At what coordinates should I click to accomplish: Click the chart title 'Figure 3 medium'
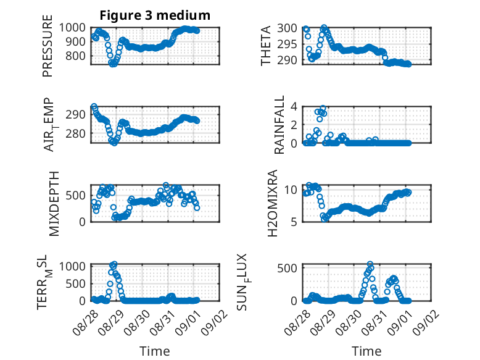click(155, 15)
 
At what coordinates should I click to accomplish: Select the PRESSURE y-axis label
click(48, 46)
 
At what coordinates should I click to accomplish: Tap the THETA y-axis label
click(266, 46)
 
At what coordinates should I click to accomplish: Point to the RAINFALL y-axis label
click(279, 125)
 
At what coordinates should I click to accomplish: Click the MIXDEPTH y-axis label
click(54, 204)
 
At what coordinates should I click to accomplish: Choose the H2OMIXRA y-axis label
click(272, 203)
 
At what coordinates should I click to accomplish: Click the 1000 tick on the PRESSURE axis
click(72, 28)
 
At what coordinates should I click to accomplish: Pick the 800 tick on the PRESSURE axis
click(76, 56)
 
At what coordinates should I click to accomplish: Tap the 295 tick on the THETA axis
click(287, 44)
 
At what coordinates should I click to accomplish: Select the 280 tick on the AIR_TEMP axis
click(76, 133)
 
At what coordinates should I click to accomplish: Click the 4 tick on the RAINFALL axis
click(294, 107)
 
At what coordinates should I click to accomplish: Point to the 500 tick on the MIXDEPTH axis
click(76, 195)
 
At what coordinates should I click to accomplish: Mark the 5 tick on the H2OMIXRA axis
click(294, 222)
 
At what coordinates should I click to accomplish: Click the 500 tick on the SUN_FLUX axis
click(287, 268)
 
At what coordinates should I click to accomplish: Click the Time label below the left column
click(155, 351)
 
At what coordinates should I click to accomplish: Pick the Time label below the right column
click(366, 351)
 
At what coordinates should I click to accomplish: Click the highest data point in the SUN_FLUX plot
click(370, 264)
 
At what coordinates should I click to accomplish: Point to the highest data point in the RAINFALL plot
click(323, 108)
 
